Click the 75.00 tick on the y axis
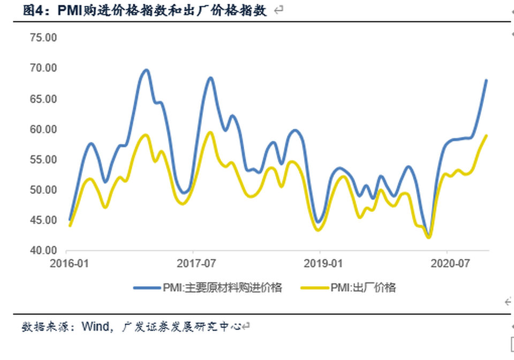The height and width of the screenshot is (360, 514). [43, 38]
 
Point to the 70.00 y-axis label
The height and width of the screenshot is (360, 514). [43, 69]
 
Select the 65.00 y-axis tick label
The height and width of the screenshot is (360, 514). [43, 99]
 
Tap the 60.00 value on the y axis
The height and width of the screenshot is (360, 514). [43, 130]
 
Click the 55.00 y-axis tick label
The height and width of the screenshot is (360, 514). [43, 160]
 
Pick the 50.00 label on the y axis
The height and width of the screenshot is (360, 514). [43, 190]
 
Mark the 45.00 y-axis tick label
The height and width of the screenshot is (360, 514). [43, 220]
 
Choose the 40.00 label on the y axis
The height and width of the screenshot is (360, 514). [43, 251]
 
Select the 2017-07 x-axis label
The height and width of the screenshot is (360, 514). [193, 264]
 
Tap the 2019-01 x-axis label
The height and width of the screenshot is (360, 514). [320, 264]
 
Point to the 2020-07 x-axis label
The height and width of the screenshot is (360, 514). [447, 264]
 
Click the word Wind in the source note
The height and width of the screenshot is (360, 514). [93, 326]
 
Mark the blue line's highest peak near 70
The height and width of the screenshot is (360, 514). [146, 70]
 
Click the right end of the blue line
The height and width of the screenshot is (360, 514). [486, 80]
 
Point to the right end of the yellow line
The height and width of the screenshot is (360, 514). [486, 136]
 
